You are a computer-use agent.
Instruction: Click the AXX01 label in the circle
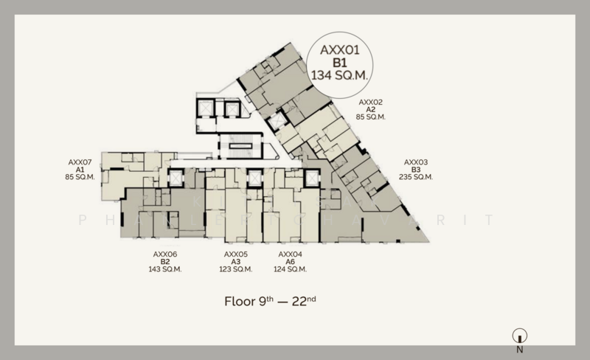click(341, 50)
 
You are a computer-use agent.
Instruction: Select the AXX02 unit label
click(371, 102)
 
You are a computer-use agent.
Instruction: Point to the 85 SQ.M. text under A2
click(371, 117)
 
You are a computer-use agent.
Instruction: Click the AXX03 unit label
click(416, 162)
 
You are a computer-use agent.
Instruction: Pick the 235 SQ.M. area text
click(416, 177)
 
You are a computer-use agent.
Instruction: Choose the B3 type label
click(416, 170)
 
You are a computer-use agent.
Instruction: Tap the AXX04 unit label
click(291, 255)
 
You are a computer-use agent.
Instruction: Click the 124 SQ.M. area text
click(291, 269)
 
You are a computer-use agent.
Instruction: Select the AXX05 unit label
click(236, 255)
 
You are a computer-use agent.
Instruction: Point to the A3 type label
click(236, 262)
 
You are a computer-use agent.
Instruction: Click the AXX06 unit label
click(165, 255)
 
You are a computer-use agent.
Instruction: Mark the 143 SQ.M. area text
click(165, 269)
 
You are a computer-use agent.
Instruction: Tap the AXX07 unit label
click(80, 162)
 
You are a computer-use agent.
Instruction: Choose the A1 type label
click(80, 170)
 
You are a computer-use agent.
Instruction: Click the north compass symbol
click(520, 336)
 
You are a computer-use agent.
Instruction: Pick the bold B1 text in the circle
click(341, 63)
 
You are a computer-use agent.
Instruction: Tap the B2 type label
click(165, 262)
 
